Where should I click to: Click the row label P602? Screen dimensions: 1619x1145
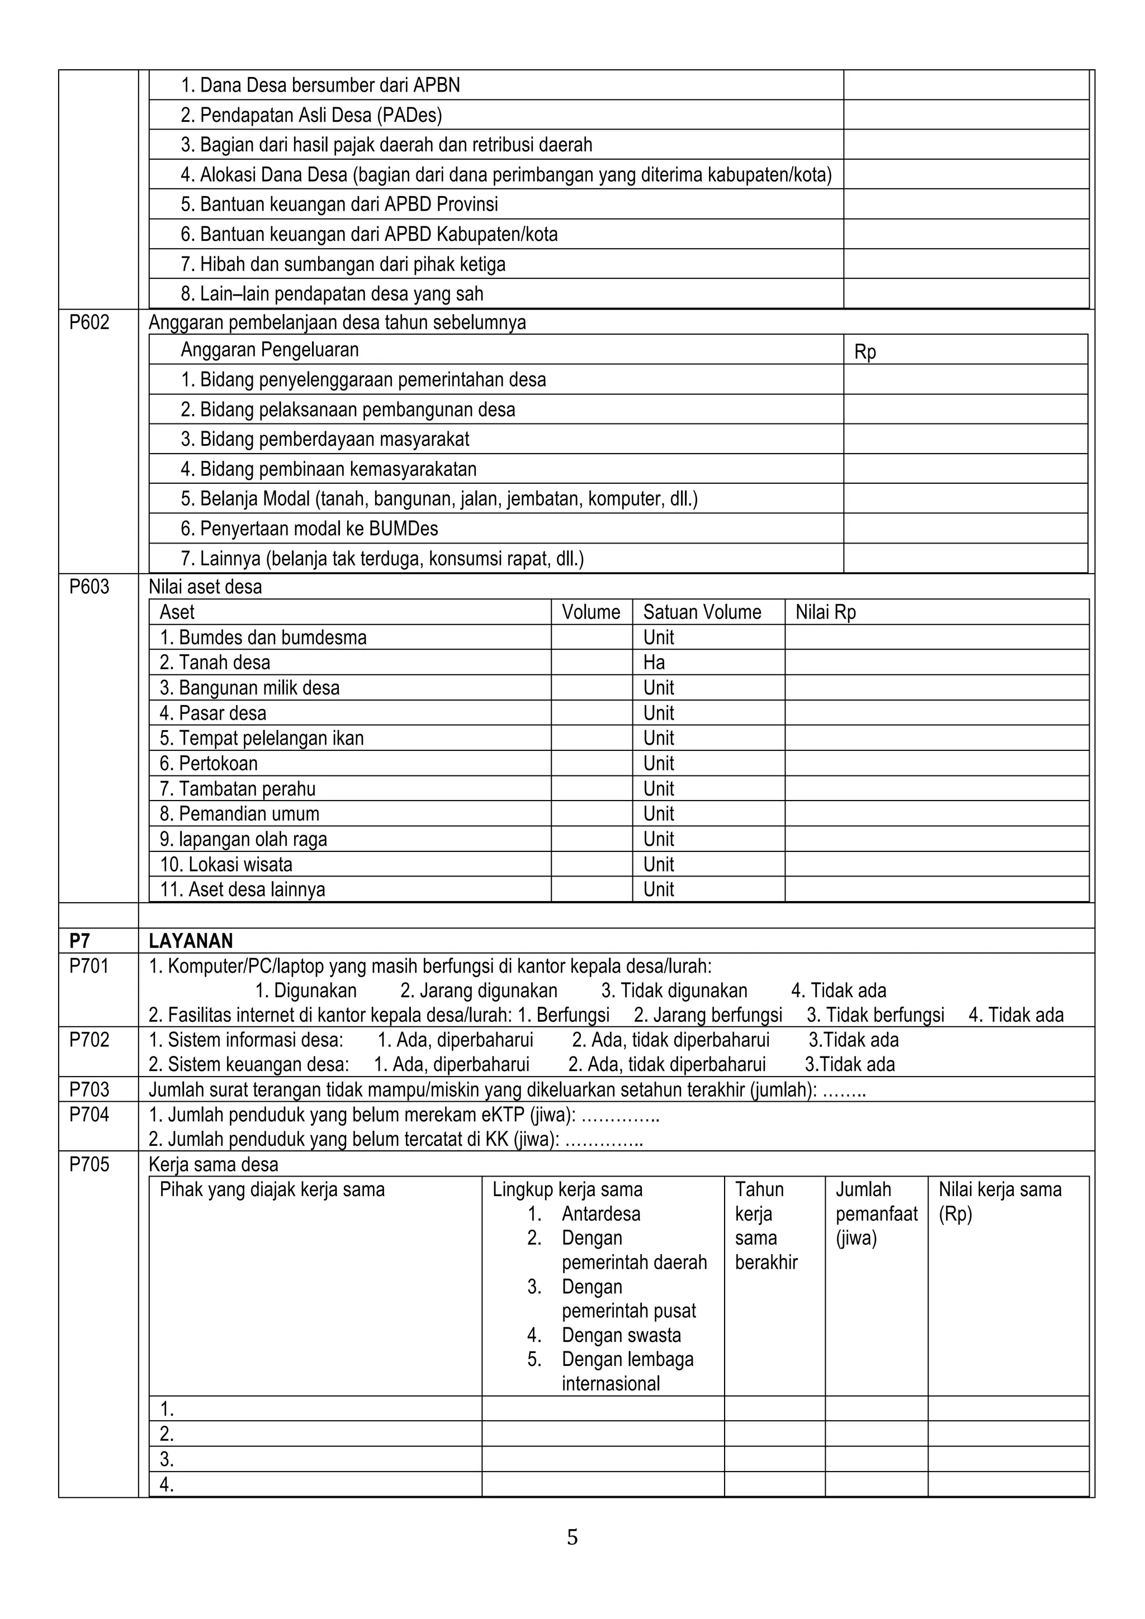click(x=89, y=323)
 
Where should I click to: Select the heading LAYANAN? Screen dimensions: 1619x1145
click(x=191, y=941)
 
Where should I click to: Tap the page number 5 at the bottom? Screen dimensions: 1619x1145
click(x=572, y=1537)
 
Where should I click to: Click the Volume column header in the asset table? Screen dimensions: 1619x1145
click(x=590, y=612)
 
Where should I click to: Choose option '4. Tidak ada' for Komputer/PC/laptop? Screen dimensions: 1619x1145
click(x=838, y=991)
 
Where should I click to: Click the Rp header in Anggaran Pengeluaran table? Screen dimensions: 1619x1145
click(x=865, y=351)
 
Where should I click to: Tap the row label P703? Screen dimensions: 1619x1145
click(x=89, y=1089)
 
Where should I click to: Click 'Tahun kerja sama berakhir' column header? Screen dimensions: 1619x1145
click(x=765, y=1226)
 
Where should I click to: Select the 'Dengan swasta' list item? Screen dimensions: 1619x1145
click(x=621, y=1335)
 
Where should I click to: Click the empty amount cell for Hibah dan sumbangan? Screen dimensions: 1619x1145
click(x=965, y=264)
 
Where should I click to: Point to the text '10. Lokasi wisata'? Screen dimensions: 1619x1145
click(x=226, y=864)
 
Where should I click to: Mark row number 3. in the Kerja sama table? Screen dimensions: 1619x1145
click(x=167, y=1459)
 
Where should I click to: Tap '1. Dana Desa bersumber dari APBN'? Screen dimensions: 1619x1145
click(x=320, y=85)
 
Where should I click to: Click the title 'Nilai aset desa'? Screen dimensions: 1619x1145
click(x=205, y=587)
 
